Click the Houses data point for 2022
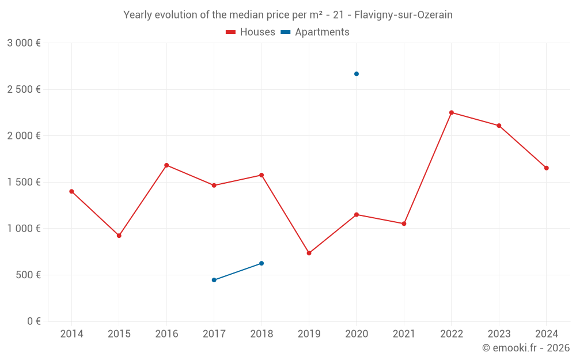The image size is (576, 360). point(452,112)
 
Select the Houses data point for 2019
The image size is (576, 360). point(309,253)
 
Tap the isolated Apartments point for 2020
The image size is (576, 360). point(357,74)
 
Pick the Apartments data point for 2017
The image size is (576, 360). point(214,280)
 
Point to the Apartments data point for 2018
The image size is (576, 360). point(262,263)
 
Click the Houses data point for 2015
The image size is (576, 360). point(119,236)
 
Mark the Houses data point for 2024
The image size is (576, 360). point(547,168)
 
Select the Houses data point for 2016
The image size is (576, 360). point(166,165)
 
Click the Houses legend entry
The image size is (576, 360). point(251,32)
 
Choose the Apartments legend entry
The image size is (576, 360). point(315,32)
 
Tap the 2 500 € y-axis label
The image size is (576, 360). point(24,89)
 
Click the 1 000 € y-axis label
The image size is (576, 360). point(24,229)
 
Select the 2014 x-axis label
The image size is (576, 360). point(71,334)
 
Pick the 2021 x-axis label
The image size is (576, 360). point(404,334)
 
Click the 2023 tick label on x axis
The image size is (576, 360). point(499,334)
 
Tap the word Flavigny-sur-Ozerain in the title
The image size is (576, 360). point(403,15)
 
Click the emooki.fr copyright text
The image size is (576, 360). point(526,348)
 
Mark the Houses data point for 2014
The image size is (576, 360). point(71,191)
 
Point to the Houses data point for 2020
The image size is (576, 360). point(357,215)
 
